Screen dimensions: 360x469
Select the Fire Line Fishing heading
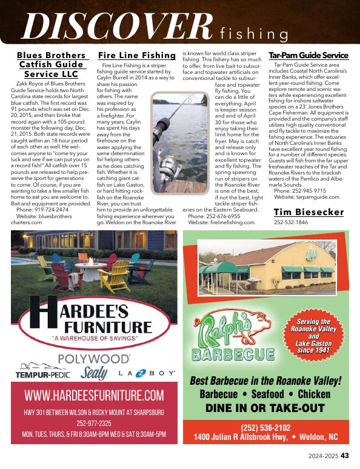tap(137, 55)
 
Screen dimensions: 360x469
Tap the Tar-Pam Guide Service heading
tap(308, 55)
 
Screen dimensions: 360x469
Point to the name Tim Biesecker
tap(308, 211)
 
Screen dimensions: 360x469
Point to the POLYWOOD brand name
tap(94, 359)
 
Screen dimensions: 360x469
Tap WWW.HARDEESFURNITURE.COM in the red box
tap(94, 396)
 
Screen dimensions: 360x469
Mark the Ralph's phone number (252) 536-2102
tap(266, 427)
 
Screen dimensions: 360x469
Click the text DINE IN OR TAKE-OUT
tap(265, 408)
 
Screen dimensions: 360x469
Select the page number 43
tap(344, 456)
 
